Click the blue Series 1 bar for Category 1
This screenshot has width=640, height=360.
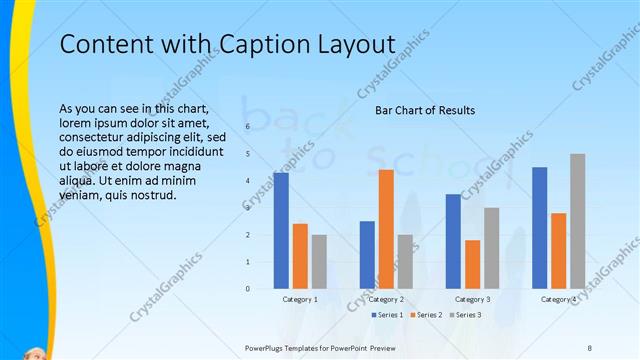click(x=280, y=231)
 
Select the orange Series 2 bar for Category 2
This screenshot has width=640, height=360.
click(x=386, y=229)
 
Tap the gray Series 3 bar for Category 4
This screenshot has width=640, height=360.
click(x=577, y=221)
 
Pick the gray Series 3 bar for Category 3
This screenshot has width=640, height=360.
click(x=491, y=248)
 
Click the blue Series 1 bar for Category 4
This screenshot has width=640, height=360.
click(x=539, y=228)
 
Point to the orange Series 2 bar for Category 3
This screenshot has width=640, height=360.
click(x=472, y=264)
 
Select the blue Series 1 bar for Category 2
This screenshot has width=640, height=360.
click(x=367, y=255)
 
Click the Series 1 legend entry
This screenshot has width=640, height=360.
click(x=388, y=315)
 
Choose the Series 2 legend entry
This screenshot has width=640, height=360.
click(x=426, y=315)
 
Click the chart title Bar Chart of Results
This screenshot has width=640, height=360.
click(x=425, y=110)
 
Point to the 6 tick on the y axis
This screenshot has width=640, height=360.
click(x=247, y=127)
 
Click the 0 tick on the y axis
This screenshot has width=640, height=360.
click(x=247, y=289)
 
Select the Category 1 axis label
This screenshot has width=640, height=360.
click(x=300, y=299)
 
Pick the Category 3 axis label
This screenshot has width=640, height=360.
click(x=472, y=299)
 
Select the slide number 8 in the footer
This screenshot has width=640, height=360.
click(x=589, y=348)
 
